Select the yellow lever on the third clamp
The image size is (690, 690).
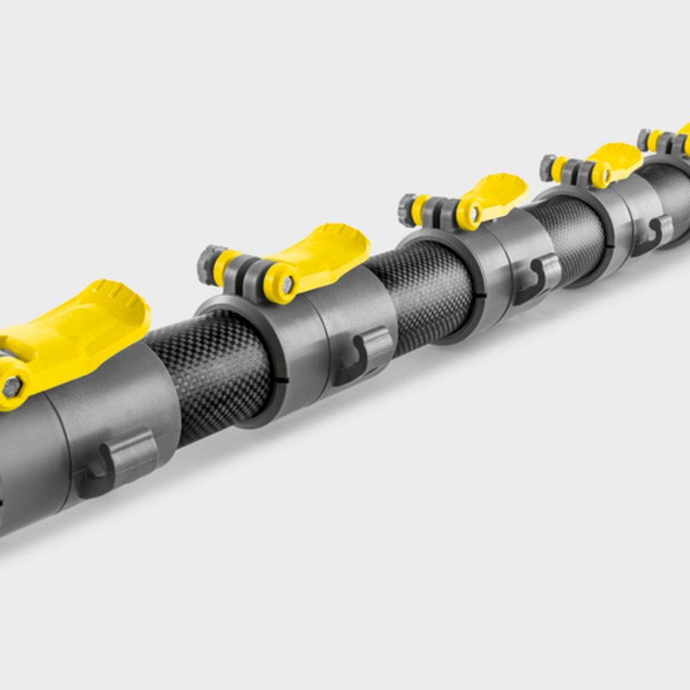495,193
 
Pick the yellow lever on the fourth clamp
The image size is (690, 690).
613,159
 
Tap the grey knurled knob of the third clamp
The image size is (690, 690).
407,209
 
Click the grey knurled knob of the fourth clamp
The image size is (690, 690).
548,166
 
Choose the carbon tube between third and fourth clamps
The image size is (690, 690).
569,229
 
